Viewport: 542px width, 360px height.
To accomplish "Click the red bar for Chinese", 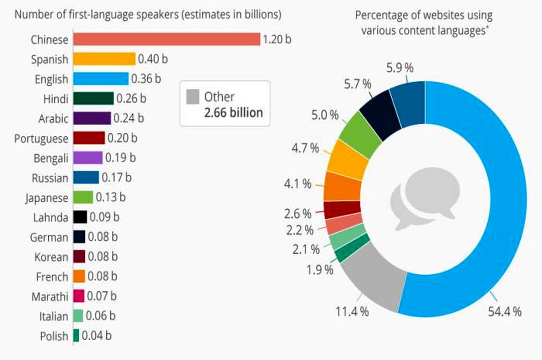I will click(x=166, y=39).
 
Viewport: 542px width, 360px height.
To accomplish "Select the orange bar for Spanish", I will click(x=104, y=59).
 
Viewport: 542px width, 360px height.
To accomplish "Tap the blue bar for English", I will click(x=100, y=79).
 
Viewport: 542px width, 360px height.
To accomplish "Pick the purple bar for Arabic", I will click(x=91, y=118).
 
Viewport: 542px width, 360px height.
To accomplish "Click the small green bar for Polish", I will click(x=76, y=336).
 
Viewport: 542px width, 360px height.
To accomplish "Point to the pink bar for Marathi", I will click(x=78, y=296).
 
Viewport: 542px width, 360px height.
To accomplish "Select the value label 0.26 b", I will click(x=130, y=98).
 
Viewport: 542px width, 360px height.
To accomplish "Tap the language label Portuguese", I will click(x=41, y=138).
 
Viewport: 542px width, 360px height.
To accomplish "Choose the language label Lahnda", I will click(x=50, y=218).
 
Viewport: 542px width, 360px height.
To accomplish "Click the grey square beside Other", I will click(x=193, y=97).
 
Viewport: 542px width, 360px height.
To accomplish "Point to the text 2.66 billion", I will click(x=233, y=112).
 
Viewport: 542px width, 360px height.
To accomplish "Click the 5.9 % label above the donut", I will click(x=400, y=68).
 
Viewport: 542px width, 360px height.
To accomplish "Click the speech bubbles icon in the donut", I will click(x=425, y=201).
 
